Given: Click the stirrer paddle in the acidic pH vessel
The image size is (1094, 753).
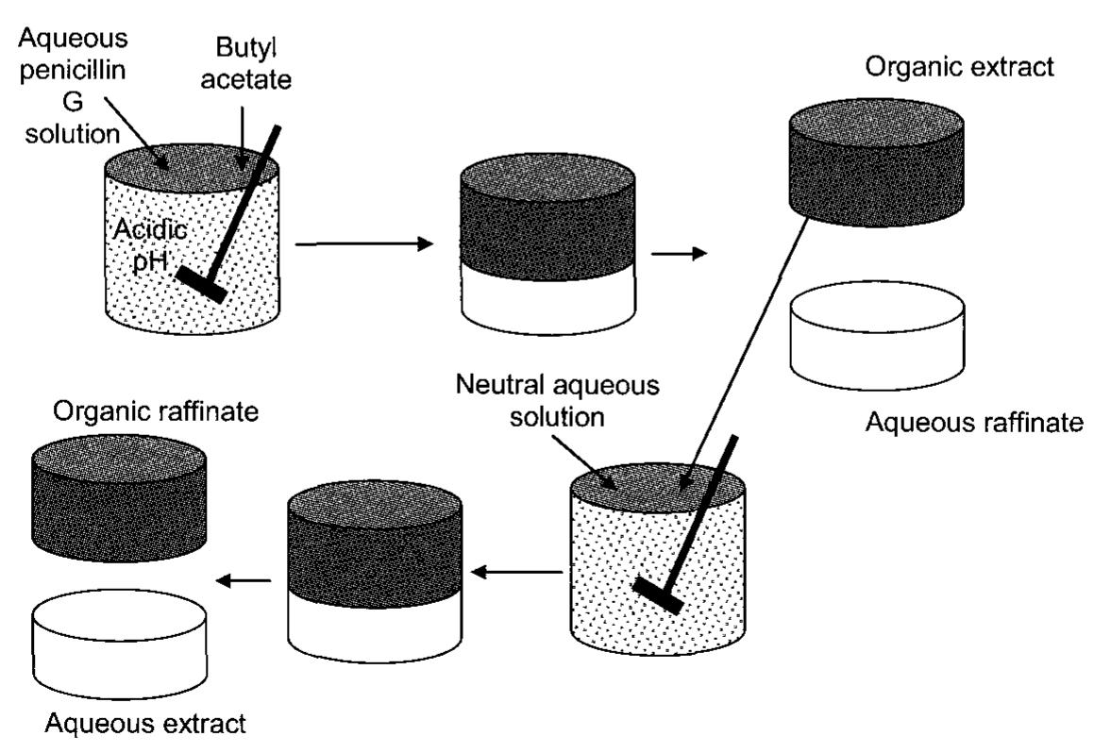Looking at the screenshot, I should coord(204,284).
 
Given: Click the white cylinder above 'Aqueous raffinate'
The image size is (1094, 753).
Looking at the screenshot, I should coord(876,335).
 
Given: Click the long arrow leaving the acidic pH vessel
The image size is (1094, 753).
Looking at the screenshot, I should coord(362,244).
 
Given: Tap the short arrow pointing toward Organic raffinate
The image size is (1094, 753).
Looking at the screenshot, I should coord(240,581).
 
